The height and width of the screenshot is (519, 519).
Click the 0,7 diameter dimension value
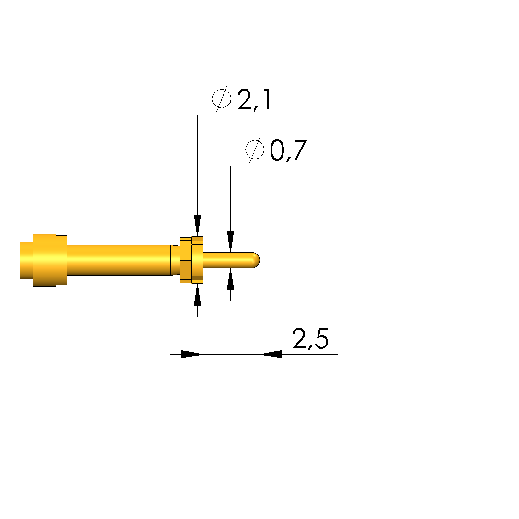click(288, 150)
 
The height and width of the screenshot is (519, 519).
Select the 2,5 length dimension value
click(310, 339)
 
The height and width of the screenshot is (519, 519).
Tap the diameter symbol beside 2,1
click(222, 99)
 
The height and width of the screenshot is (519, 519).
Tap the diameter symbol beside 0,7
click(255, 150)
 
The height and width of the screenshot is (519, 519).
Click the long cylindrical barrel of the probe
click(119, 260)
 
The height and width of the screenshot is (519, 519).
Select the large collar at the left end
click(50, 260)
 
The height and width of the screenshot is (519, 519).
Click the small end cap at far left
click(26, 261)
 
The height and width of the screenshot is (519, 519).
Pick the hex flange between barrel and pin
click(191, 260)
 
